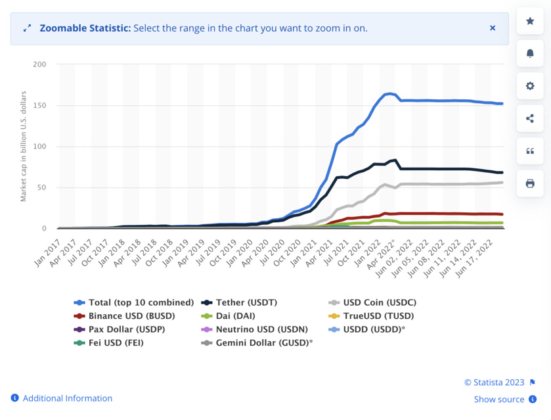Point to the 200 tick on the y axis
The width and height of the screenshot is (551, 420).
click(39, 64)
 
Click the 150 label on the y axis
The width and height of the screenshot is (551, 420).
click(39, 105)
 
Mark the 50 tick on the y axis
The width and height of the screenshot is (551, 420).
click(41, 187)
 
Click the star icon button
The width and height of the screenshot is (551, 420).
click(530, 21)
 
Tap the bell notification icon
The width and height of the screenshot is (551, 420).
click(530, 53)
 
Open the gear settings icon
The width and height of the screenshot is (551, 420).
click(530, 86)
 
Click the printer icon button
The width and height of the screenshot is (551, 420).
click(530, 183)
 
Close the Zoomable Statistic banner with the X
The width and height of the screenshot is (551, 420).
click(493, 28)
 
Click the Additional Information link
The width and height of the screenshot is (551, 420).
click(67, 398)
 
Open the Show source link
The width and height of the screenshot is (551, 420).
click(499, 399)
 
